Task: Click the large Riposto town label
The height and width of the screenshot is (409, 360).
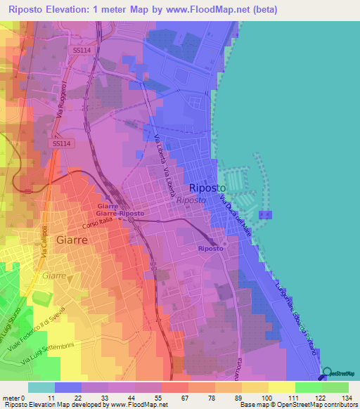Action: pos(207,188)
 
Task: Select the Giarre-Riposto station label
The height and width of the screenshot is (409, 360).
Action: pos(120,213)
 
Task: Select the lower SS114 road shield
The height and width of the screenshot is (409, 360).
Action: pos(60,143)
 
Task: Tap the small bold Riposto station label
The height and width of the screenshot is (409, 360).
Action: pos(210,249)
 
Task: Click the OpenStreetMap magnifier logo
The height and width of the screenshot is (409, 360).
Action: pos(328,374)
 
